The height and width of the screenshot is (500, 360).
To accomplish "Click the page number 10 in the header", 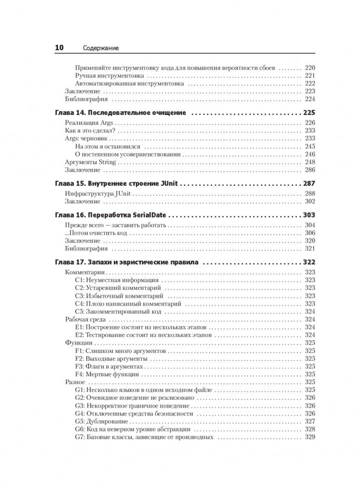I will [x=58, y=48].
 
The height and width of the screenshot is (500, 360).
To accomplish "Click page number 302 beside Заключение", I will [x=309, y=201].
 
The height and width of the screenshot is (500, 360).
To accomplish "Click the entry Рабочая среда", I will [x=83, y=319].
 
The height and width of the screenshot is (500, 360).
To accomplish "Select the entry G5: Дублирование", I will [x=104, y=422].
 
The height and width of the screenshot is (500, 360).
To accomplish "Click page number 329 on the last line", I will [x=309, y=438].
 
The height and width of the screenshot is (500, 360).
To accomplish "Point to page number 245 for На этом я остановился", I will [x=309, y=147].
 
